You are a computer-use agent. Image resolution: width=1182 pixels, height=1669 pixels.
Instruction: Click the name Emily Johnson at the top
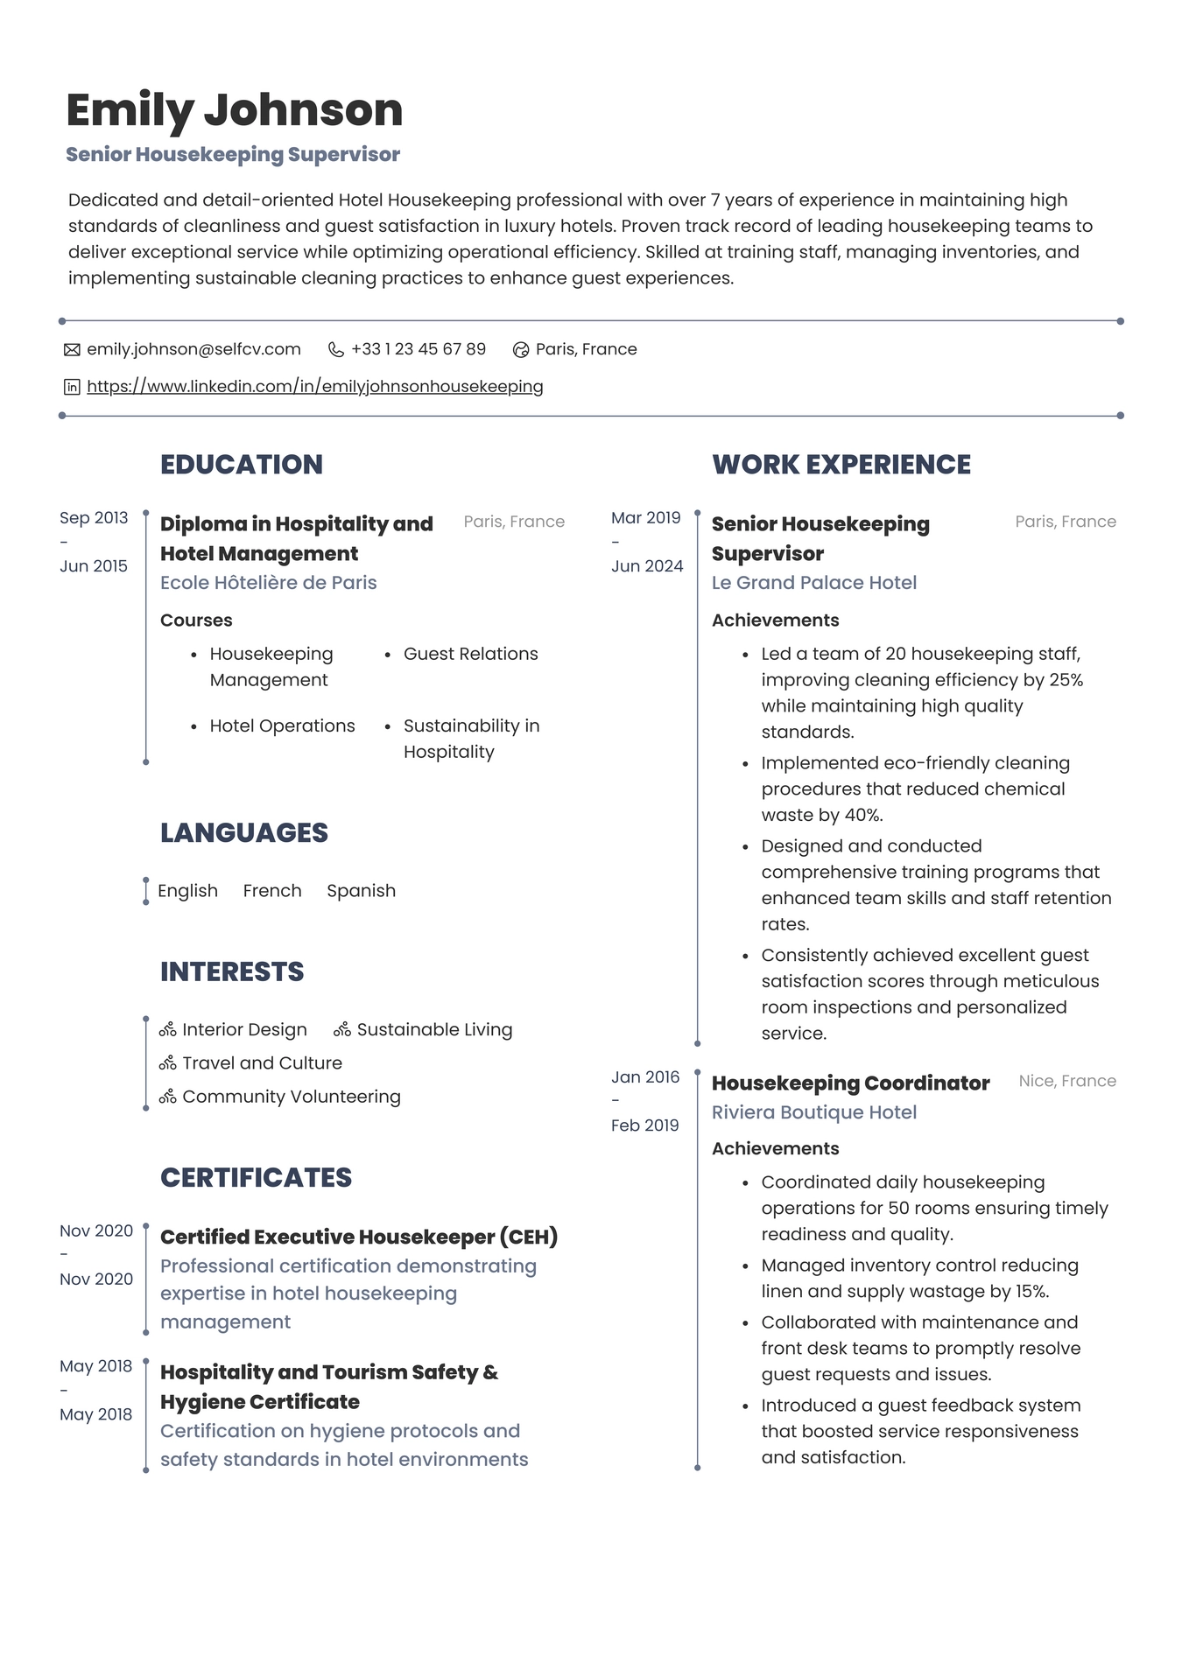click(234, 110)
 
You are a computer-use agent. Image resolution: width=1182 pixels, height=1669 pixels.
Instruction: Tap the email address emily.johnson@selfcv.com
click(193, 349)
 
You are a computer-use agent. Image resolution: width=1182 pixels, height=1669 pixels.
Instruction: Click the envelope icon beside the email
click(72, 350)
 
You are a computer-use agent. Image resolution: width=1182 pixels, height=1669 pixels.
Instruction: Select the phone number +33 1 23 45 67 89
click(418, 349)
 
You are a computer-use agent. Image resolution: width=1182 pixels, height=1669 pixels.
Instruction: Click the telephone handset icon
click(335, 350)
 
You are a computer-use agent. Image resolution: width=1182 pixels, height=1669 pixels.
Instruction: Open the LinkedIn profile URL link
click(314, 386)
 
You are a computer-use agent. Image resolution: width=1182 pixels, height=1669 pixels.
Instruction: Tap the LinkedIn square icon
click(72, 387)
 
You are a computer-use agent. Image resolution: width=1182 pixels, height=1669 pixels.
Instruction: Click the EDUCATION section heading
click(241, 464)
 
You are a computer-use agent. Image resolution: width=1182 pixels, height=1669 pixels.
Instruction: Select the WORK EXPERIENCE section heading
click(841, 464)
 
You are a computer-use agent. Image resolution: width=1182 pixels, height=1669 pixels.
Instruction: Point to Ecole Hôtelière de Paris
click(268, 583)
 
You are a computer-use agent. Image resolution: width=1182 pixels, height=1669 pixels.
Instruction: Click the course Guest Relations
click(470, 654)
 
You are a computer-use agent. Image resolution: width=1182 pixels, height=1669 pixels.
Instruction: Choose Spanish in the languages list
click(361, 891)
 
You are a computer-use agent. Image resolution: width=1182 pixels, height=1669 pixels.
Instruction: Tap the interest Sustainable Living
click(434, 1030)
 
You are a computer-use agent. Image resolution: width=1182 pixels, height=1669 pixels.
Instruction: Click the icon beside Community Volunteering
click(168, 1097)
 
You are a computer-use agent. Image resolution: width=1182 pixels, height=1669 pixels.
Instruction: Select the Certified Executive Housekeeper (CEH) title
click(358, 1237)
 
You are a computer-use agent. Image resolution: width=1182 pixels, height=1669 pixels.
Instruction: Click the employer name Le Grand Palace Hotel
click(813, 583)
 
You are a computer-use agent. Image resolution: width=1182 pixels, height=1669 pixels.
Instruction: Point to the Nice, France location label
click(1066, 1081)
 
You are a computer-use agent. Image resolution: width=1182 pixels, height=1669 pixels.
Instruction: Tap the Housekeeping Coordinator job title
click(850, 1083)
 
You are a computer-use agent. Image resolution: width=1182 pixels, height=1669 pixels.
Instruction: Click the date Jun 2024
click(646, 566)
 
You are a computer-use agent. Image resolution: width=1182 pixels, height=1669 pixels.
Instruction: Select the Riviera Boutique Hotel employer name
click(813, 1112)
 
